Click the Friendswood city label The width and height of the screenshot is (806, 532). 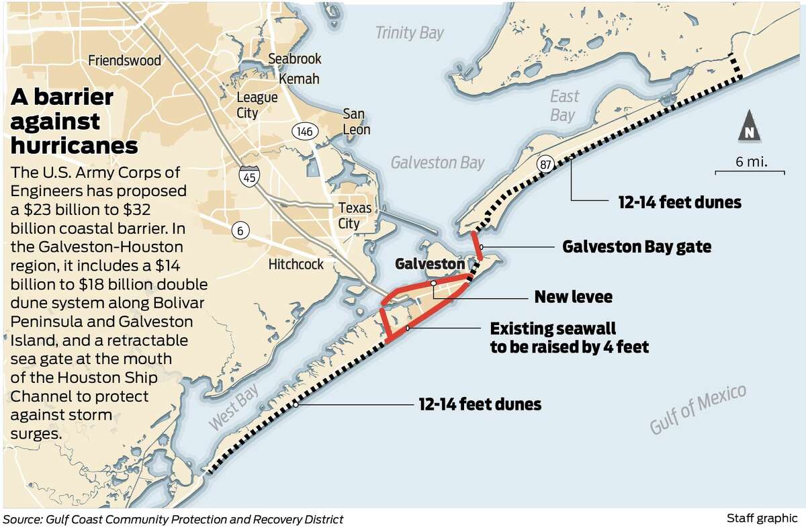(x=125, y=61)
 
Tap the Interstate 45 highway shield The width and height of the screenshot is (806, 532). (x=247, y=176)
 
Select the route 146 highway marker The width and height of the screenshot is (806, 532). (x=304, y=132)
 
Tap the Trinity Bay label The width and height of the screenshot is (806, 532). (x=409, y=33)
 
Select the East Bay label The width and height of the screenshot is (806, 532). (x=563, y=105)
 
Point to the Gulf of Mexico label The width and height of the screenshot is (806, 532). (x=698, y=410)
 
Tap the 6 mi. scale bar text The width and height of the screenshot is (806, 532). (x=751, y=162)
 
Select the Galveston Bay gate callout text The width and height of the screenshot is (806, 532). (x=636, y=247)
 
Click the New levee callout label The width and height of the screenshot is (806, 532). (x=573, y=296)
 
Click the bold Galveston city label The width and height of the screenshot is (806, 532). (x=429, y=263)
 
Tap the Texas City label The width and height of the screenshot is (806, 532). (x=349, y=215)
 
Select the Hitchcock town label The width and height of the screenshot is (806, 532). (x=296, y=263)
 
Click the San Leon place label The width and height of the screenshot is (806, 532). (x=355, y=121)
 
